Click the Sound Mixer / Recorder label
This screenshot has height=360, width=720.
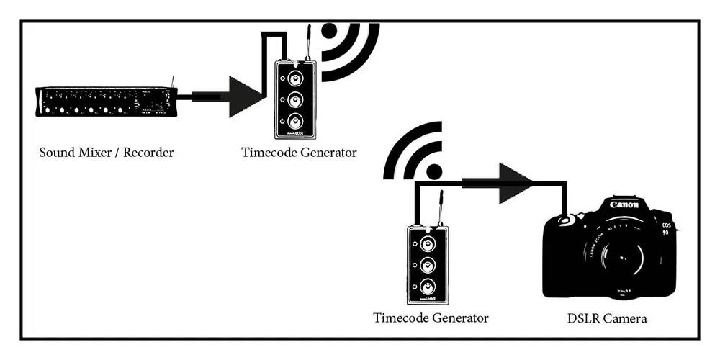[x=107, y=153]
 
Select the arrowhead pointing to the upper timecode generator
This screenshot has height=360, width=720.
[x=246, y=96]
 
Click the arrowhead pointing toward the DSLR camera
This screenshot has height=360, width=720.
[x=516, y=182]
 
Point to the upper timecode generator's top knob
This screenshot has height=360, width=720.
[x=295, y=78]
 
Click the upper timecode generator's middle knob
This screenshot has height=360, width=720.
[x=295, y=99]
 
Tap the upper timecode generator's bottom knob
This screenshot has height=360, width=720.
[x=295, y=120]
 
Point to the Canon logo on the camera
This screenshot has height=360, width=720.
[x=624, y=205]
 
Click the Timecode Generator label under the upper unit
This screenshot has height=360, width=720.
[x=299, y=153]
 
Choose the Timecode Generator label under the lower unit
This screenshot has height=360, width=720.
[x=431, y=318]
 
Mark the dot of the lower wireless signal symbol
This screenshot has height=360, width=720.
[x=434, y=171]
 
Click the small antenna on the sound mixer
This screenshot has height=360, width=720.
[x=173, y=80]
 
